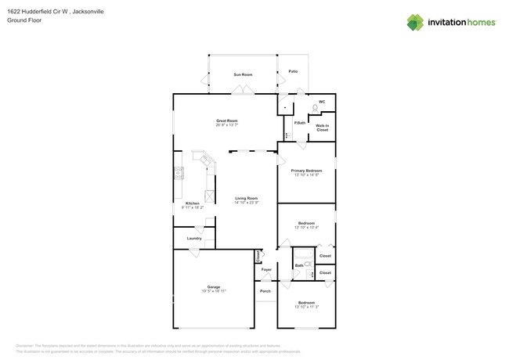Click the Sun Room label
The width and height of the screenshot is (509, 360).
pos(243,74)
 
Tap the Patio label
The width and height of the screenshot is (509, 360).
pos(293,71)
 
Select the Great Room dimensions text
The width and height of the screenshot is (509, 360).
pos(227,125)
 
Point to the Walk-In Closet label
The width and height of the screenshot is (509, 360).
pos(322,127)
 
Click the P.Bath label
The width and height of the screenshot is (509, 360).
pos(298,123)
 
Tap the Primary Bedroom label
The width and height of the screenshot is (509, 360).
pos(306,171)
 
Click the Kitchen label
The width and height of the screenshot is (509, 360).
pos(182,203)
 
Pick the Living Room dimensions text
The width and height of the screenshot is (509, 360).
pos(247,203)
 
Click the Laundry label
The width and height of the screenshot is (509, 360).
pos(194,238)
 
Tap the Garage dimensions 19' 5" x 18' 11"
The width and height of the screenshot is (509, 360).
pos(214,291)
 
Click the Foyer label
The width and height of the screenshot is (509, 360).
pos(266,270)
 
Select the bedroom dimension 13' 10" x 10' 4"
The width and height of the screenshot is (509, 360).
pos(306,229)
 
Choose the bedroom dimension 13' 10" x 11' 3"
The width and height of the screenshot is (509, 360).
pos(306,307)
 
